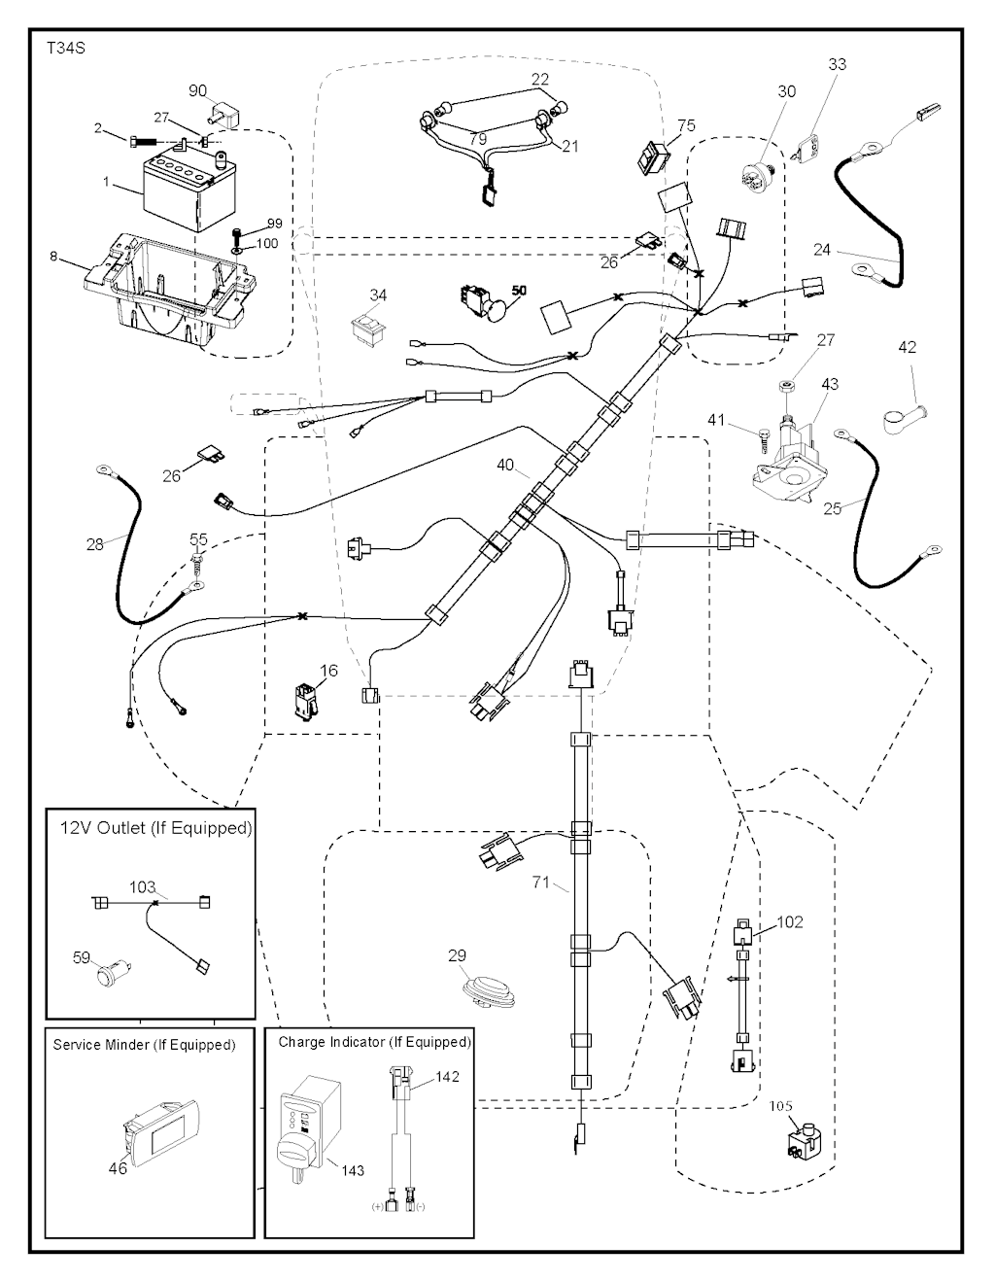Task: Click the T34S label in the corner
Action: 65,48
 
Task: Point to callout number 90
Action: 198,90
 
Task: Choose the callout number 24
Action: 822,250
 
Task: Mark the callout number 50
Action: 519,291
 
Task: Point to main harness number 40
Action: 505,466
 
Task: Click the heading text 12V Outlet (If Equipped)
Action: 155,828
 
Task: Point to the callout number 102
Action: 791,921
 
